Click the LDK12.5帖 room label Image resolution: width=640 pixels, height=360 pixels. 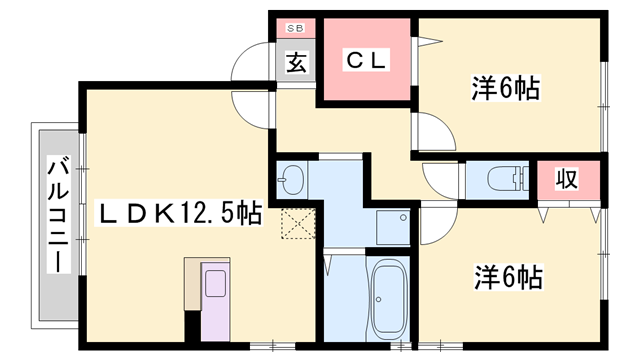click(178, 213)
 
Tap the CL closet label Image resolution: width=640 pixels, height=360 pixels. click(366, 60)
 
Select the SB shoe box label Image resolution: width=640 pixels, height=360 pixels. click(296, 28)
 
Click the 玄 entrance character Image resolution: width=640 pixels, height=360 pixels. click(296, 62)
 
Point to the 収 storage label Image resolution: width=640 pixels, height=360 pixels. click(567, 180)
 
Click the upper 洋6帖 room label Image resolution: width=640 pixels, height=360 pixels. click(506, 89)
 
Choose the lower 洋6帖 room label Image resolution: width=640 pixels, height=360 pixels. click(506, 276)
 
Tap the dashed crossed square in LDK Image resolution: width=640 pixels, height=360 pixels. click(297, 225)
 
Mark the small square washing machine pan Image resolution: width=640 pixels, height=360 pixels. click(392, 225)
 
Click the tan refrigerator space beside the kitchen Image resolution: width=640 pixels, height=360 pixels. click(192, 285)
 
